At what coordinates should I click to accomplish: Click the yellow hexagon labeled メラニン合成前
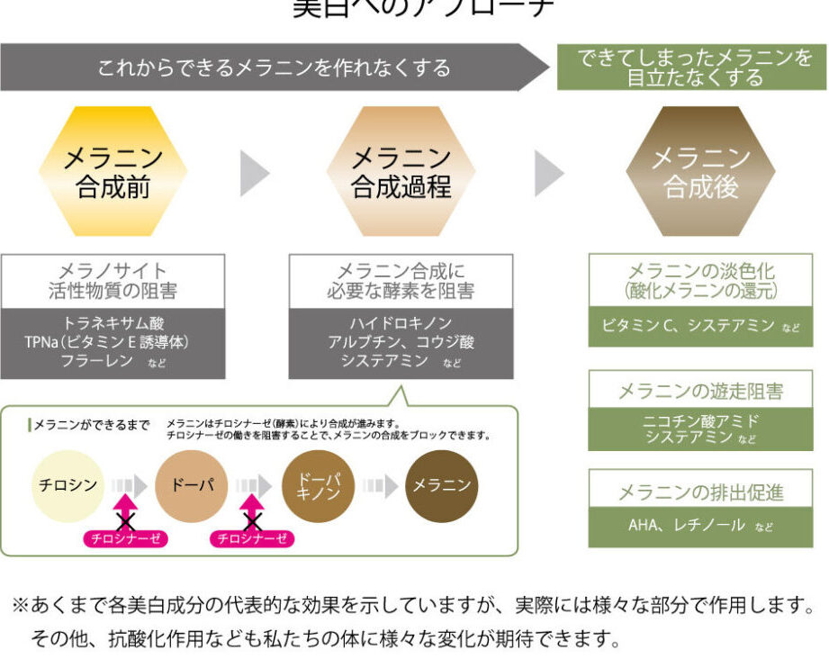pos(113,172)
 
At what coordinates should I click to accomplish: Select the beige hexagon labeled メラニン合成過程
pos(401,172)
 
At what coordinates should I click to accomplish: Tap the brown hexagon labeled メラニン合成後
pos(700,172)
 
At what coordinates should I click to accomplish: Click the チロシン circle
pos(68,485)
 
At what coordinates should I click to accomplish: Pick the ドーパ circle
pos(191,485)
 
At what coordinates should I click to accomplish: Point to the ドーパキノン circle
pos(317,485)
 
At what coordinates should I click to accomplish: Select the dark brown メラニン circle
pos(441,485)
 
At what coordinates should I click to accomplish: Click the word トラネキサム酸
pos(113,322)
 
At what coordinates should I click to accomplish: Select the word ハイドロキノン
pos(401,322)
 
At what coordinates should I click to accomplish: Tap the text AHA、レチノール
pos(686,526)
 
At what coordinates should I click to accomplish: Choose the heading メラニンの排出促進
pos(700,492)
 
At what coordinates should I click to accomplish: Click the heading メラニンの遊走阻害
pos(700,391)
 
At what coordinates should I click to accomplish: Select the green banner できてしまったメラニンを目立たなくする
pos(691,68)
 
